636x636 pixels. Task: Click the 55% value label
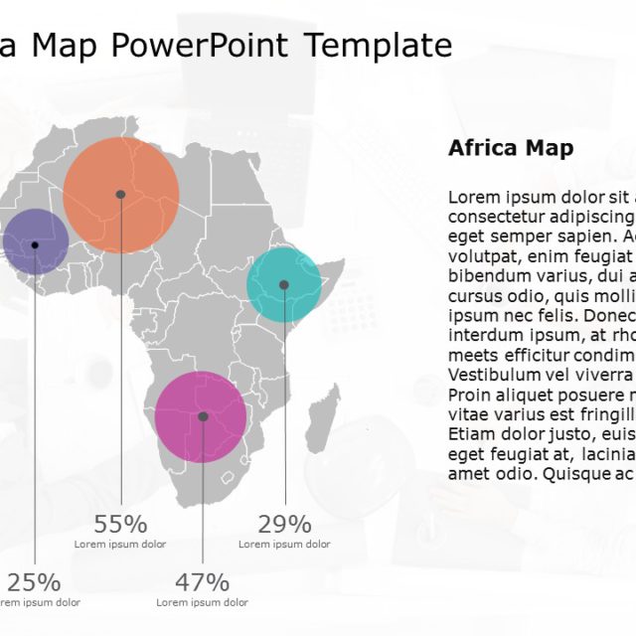click(x=120, y=525)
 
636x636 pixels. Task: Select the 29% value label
click(x=284, y=525)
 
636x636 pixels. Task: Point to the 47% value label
click(x=203, y=582)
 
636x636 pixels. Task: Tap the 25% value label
click(x=34, y=582)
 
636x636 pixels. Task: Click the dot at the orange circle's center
click(x=120, y=194)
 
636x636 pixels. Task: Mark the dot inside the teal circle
click(x=284, y=285)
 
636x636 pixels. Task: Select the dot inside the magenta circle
click(x=203, y=417)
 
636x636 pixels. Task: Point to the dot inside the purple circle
click(x=35, y=244)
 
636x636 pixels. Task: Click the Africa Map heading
click(x=511, y=149)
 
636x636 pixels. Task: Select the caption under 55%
click(x=120, y=545)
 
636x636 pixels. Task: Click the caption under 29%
click(x=284, y=545)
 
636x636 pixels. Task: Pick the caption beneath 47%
click(x=203, y=602)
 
